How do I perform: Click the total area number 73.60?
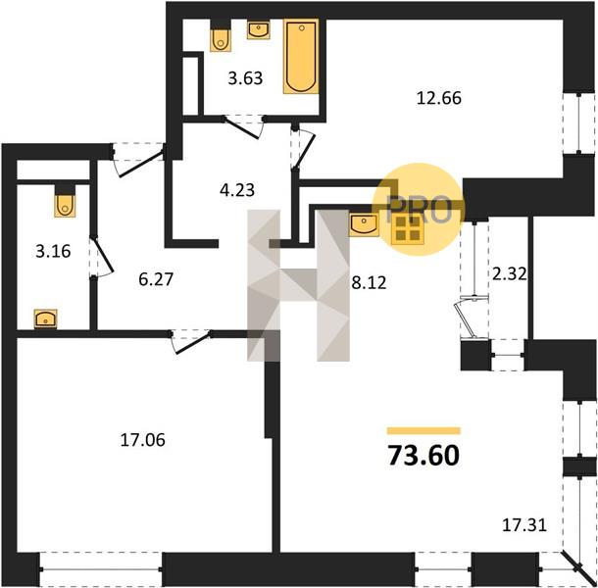[424, 456]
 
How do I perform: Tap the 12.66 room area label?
[439, 98]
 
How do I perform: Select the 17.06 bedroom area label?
[142, 440]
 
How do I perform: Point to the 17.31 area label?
[524, 525]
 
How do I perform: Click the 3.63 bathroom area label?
[246, 78]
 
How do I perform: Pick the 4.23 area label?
[237, 189]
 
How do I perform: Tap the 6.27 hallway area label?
[156, 279]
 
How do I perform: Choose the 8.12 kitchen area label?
[369, 282]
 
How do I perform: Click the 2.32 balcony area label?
[510, 273]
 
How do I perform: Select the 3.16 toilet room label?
[53, 252]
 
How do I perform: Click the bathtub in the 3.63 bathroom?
[301, 57]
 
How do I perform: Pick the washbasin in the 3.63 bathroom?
[259, 30]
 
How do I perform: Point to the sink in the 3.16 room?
[46, 318]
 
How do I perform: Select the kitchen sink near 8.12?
[365, 223]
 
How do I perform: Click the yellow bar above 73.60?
[424, 431]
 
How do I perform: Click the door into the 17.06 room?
[191, 341]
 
